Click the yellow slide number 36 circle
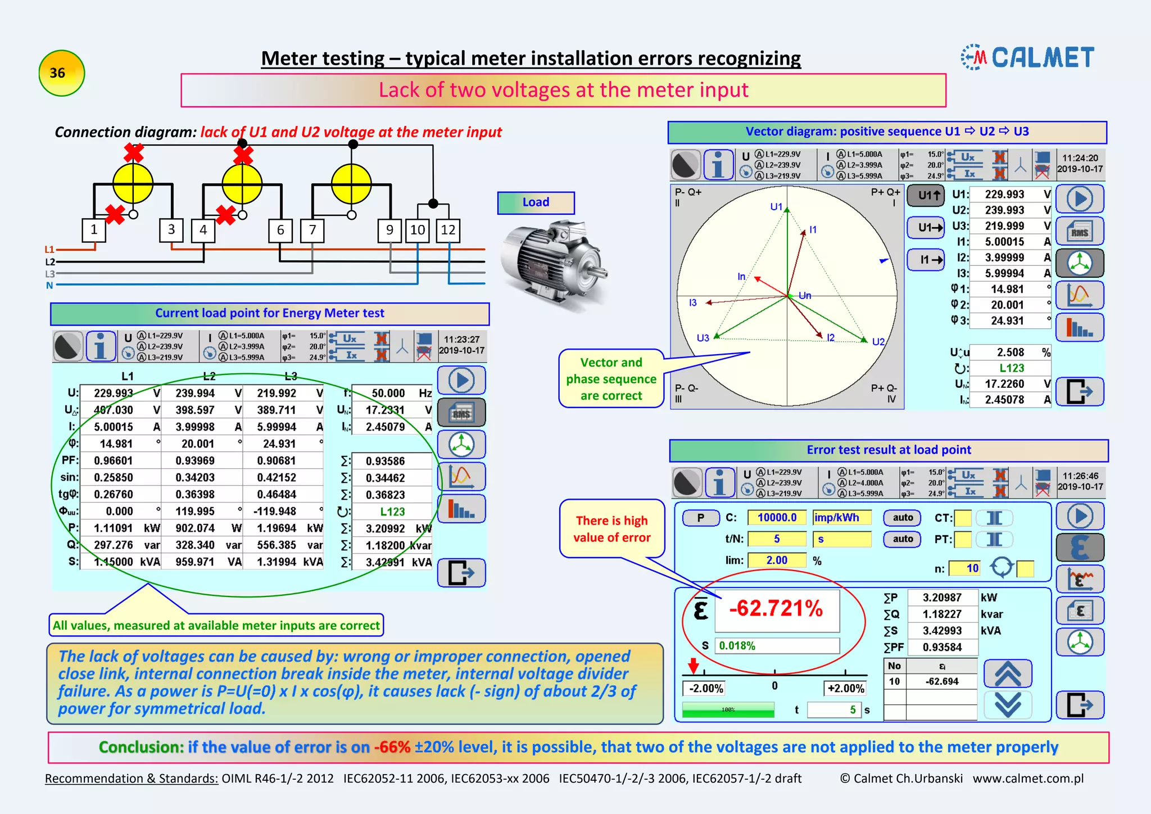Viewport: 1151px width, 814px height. click(x=61, y=73)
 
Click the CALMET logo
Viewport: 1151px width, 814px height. click(x=1028, y=57)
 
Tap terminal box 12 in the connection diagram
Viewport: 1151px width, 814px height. click(x=448, y=230)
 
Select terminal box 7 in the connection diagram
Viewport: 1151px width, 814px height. click(x=312, y=230)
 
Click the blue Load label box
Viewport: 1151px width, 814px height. click(x=536, y=202)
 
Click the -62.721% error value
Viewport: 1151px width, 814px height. click(x=776, y=609)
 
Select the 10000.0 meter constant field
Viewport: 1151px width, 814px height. click(x=777, y=518)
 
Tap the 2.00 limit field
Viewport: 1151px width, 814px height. click(x=777, y=560)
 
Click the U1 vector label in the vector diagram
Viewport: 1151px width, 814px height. click(x=776, y=207)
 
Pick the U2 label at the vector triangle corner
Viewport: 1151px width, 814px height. click(x=878, y=342)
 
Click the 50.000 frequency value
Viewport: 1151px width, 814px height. click(x=388, y=394)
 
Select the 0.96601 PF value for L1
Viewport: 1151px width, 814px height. click(x=114, y=461)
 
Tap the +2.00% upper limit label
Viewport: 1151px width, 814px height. click(x=845, y=688)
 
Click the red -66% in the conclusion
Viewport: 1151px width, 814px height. click(x=392, y=747)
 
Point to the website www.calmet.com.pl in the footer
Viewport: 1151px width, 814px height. click(x=1028, y=779)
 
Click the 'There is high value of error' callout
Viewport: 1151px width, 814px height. click(x=611, y=529)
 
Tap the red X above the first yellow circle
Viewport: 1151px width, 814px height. click(x=134, y=152)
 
